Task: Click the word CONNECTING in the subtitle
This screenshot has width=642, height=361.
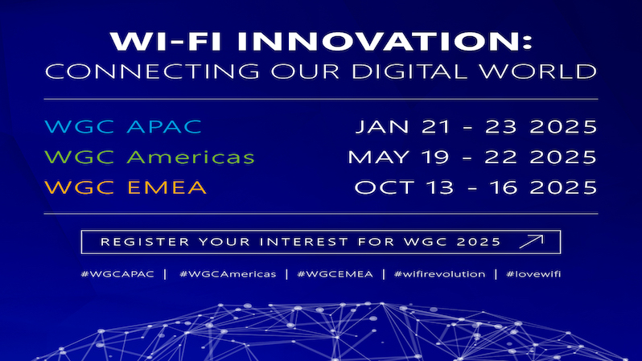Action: point(152,72)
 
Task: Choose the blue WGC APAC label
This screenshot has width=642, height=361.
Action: point(123,126)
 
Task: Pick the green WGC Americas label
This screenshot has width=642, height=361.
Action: point(150,157)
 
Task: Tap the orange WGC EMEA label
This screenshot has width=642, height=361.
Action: point(126,187)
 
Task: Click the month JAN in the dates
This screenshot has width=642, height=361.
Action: point(382,126)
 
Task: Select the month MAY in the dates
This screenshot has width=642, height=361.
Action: point(378,157)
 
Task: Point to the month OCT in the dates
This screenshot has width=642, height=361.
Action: point(384,187)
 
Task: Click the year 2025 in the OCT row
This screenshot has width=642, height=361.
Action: point(563,187)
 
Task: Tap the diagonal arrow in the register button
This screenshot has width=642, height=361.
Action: point(531,241)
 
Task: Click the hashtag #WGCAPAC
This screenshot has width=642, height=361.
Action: point(117,274)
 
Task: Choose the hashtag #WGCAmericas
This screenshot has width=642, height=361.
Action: point(228,274)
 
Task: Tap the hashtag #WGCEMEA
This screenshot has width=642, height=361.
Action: point(335,274)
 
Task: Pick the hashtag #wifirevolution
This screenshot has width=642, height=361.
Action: point(439,274)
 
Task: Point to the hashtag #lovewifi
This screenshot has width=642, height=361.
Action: point(533,274)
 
